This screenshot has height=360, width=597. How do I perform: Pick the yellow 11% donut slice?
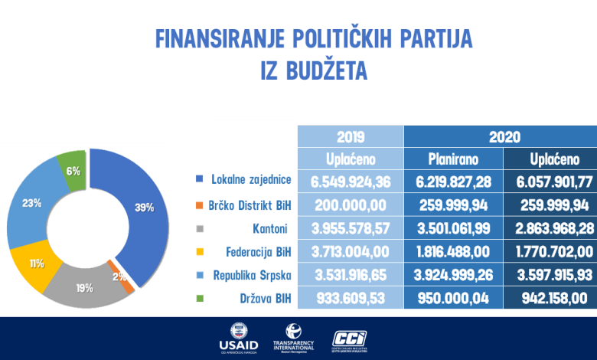(x=34, y=263)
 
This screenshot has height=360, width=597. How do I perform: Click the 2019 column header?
(x=350, y=137)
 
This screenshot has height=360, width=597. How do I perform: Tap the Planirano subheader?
(x=453, y=159)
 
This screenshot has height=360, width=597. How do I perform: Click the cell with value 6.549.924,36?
(x=350, y=183)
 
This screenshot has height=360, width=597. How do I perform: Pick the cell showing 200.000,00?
(x=350, y=205)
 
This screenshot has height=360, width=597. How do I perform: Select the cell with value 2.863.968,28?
(x=549, y=228)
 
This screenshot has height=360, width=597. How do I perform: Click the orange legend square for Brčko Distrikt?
(x=200, y=205)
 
